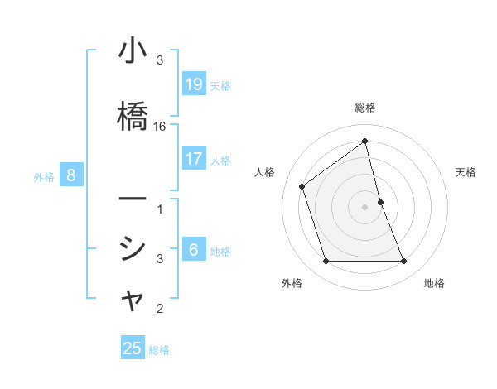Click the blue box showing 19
(193, 84)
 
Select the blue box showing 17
(193, 158)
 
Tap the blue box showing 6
(193, 249)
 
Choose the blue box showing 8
(71, 175)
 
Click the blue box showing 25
(133, 348)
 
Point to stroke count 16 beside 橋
(160, 127)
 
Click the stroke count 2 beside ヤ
(160, 310)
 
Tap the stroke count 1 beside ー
(160, 209)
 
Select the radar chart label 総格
(365, 108)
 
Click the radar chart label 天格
(466, 172)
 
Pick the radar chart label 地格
(434, 283)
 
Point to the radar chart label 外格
(292, 283)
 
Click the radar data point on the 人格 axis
(302, 186)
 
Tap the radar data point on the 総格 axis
(365, 141)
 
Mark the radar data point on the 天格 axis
(381, 201)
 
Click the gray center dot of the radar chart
(365, 206)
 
